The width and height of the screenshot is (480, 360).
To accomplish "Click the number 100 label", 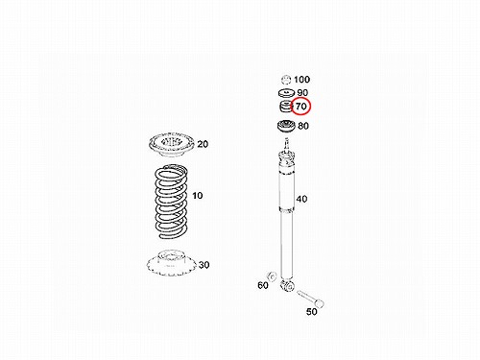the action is click(x=301, y=79).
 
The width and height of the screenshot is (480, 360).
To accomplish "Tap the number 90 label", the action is click(x=302, y=92).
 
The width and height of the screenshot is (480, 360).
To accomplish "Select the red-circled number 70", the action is click(x=301, y=106).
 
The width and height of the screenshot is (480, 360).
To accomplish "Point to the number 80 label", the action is click(x=303, y=126).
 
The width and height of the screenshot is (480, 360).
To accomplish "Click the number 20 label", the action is click(x=203, y=144).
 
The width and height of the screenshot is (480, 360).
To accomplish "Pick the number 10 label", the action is click(x=198, y=195).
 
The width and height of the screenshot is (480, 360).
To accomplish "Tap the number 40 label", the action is click(x=301, y=199).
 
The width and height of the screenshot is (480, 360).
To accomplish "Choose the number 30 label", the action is click(x=204, y=265).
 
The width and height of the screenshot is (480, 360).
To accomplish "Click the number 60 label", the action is click(x=263, y=285).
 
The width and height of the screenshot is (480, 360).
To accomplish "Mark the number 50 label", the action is click(x=311, y=311).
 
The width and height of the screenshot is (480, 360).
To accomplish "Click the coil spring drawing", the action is click(x=171, y=202).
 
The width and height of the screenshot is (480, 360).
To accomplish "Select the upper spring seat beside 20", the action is click(x=171, y=145).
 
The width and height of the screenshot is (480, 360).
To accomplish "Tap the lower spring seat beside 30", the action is click(x=171, y=263).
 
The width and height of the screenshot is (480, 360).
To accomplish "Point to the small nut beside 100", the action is click(x=286, y=79).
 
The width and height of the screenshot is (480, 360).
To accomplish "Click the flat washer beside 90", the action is click(x=286, y=93).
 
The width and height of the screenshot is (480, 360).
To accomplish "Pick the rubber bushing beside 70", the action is click(x=285, y=107).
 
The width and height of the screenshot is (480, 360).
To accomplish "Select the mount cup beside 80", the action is click(x=285, y=126).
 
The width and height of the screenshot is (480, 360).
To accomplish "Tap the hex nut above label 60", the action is click(x=272, y=276).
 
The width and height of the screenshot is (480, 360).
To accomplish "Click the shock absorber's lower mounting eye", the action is click(x=287, y=284).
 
